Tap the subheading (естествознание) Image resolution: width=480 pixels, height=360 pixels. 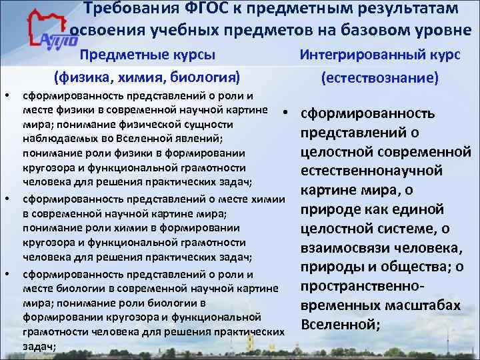(x=379, y=78)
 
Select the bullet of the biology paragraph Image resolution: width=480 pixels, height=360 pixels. (x=7, y=274)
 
